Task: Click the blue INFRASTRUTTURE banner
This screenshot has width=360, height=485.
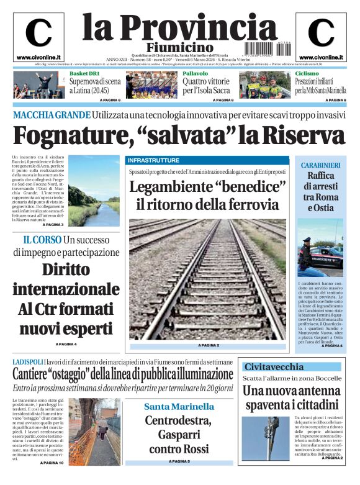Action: point(153,160)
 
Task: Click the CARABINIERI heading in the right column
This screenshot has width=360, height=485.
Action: point(320,165)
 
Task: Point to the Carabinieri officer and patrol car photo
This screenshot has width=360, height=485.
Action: point(320,252)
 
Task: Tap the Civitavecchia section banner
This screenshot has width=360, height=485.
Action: point(274,366)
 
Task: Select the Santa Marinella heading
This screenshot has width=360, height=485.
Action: point(179,407)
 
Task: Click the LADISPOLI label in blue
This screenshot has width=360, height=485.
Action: point(28,361)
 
